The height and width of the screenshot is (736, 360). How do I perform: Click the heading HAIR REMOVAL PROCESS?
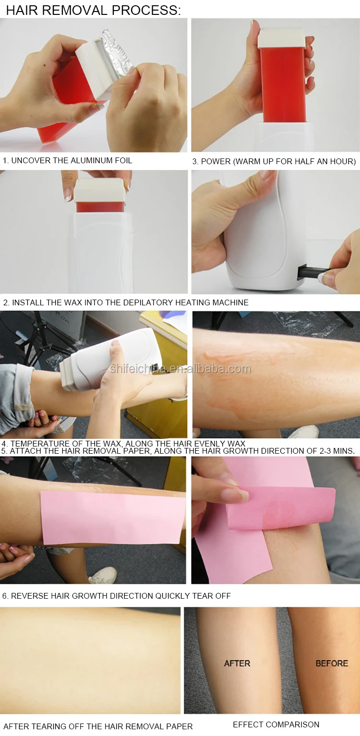click(93, 10)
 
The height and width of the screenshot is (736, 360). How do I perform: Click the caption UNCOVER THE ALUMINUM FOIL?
click(67, 160)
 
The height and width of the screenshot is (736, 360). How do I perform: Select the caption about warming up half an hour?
click(274, 162)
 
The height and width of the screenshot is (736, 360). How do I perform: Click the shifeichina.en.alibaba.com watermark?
click(180, 369)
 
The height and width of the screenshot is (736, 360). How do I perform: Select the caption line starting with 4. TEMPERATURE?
click(124, 444)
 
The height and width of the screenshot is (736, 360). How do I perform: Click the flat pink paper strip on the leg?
click(113, 518)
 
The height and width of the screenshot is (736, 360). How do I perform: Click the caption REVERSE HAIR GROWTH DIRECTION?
click(117, 596)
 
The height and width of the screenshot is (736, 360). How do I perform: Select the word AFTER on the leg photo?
click(237, 663)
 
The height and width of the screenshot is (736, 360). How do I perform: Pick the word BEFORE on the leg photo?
click(332, 663)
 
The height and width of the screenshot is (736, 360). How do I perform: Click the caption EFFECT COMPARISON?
click(276, 724)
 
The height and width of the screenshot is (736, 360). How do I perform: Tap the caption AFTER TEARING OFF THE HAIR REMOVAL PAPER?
click(98, 726)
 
